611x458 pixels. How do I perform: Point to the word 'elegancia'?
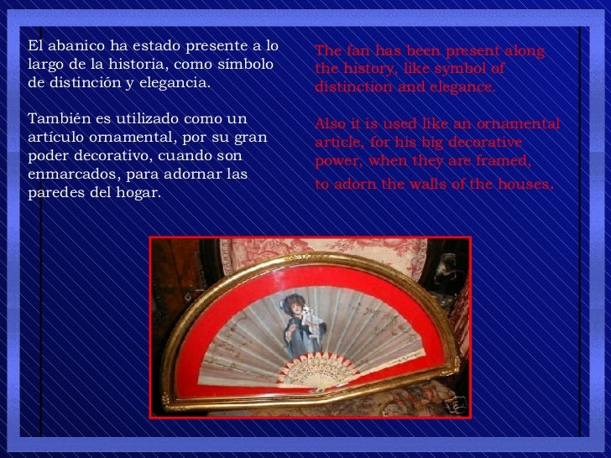177,84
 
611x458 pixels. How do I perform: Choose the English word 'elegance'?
462,87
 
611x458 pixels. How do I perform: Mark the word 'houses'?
521,184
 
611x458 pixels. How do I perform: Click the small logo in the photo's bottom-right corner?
454,404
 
